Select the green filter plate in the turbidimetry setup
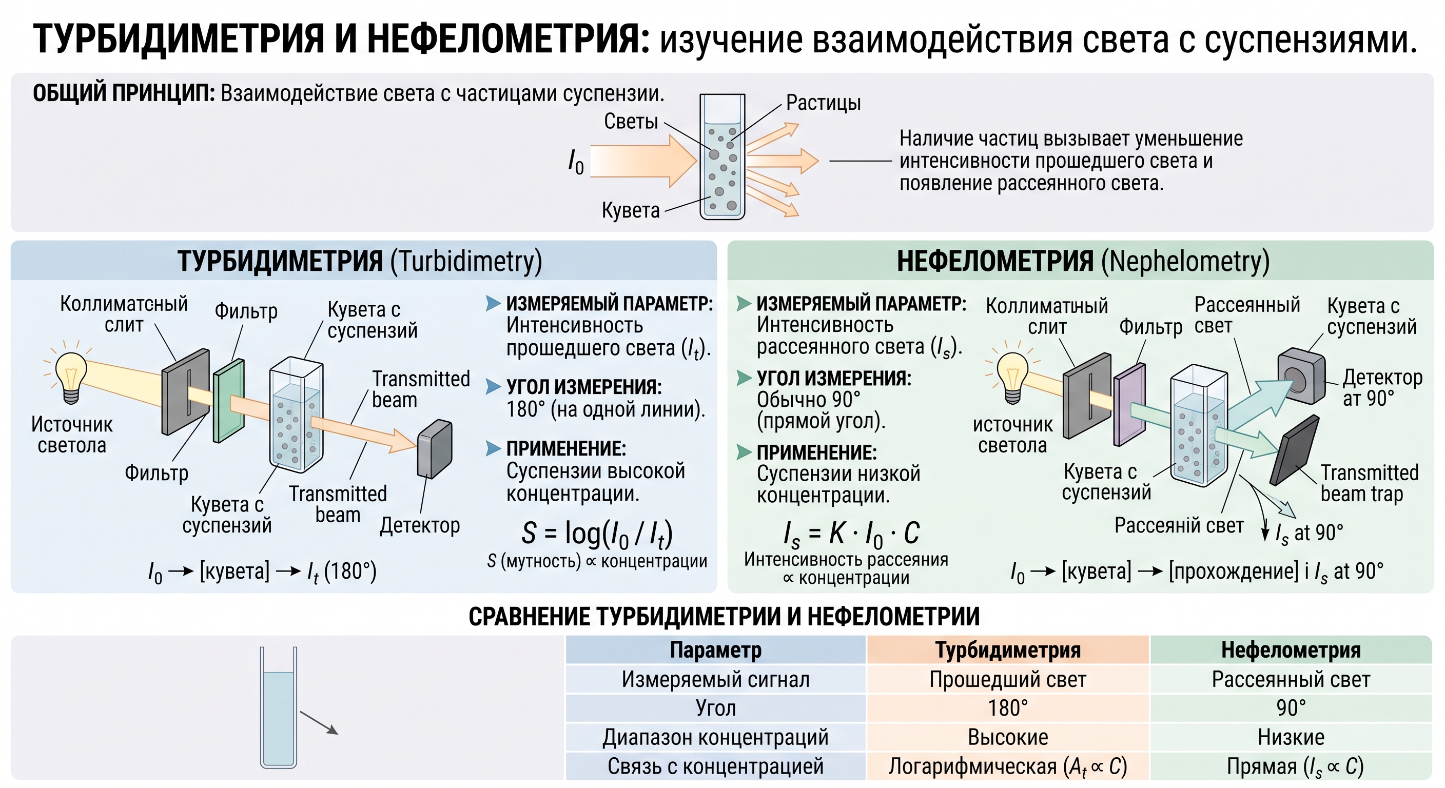coord(229,401)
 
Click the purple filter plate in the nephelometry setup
coord(1129,404)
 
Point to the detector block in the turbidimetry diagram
coord(435,449)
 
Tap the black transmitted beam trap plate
coord(1295,450)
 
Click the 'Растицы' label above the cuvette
coord(823,103)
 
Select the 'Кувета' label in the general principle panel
coord(631,210)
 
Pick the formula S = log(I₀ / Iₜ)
coord(597,534)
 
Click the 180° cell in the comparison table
coord(1007,708)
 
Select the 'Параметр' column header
coord(716,650)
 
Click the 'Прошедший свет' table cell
coord(1007,679)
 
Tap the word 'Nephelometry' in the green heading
coord(1185,261)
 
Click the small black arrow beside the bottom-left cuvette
coord(319,723)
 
